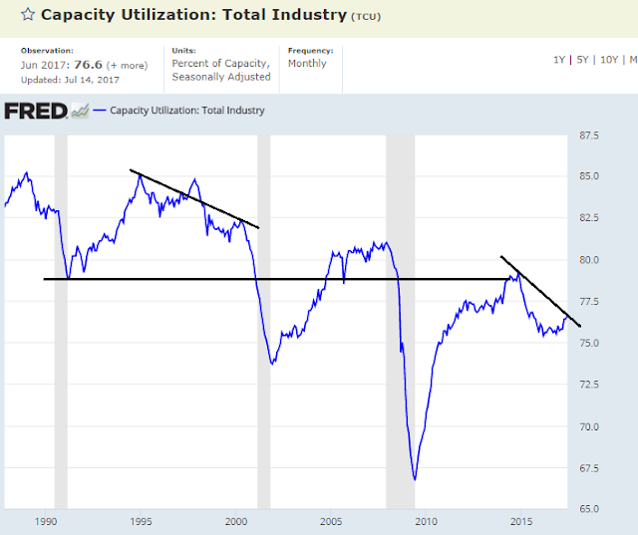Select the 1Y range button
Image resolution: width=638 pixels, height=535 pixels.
coord(560,60)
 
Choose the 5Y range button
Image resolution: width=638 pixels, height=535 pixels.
coord(584,60)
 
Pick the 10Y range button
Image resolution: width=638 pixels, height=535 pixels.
coord(610,60)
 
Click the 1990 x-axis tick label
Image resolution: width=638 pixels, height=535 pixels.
coord(45,521)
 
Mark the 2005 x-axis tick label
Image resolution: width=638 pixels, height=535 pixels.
coord(331,521)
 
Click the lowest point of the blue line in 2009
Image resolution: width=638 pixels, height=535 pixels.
coord(415,480)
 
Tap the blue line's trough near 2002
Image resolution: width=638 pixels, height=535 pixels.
coord(272,363)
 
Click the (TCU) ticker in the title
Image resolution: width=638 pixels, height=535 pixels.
coord(366,18)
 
